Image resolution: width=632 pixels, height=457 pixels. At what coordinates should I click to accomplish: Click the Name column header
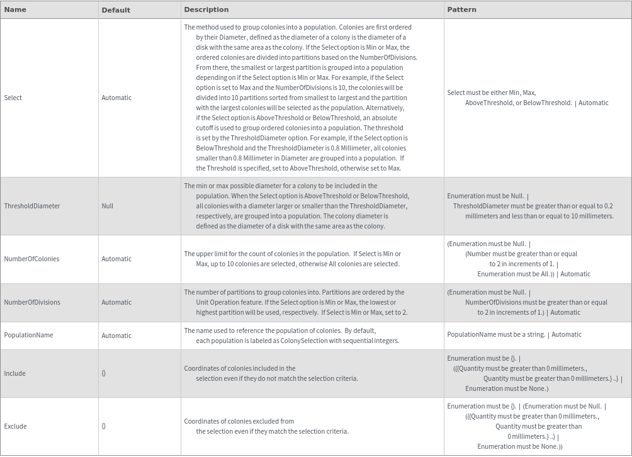(x=15, y=9)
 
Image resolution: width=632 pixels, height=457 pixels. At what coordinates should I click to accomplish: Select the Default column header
(x=116, y=10)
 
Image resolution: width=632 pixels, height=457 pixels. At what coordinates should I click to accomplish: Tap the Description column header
(x=206, y=9)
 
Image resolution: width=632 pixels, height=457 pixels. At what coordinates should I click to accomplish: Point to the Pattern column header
(x=461, y=9)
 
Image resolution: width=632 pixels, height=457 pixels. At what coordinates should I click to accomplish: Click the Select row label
(x=13, y=98)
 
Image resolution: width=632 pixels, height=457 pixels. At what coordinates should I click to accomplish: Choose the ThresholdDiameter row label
(x=32, y=206)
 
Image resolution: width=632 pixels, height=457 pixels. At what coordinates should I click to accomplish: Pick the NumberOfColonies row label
(x=32, y=259)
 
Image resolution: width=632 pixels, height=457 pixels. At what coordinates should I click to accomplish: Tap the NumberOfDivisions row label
(x=32, y=302)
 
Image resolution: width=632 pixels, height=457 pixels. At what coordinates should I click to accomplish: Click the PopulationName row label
(x=28, y=335)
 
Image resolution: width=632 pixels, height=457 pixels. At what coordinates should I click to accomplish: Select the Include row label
(x=15, y=373)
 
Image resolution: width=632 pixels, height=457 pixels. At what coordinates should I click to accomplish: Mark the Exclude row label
(x=16, y=426)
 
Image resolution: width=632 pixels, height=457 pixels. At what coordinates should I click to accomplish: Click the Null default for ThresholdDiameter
(x=108, y=206)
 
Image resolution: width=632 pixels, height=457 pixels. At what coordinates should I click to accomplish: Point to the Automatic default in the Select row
(x=116, y=98)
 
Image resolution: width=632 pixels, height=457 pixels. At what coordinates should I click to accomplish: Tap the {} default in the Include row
(x=104, y=373)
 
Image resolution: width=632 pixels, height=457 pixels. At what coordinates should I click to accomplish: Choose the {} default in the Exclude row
(x=104, y=426)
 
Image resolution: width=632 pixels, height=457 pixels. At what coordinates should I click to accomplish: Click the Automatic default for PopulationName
(x=116, y=336)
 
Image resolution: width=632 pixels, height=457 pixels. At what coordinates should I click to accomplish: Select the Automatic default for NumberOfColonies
(x=116, y=259)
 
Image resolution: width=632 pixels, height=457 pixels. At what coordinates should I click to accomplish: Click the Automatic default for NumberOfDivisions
(x=116, y=302)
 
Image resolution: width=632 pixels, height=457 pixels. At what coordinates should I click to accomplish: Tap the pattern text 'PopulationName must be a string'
(x=495, y=334)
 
